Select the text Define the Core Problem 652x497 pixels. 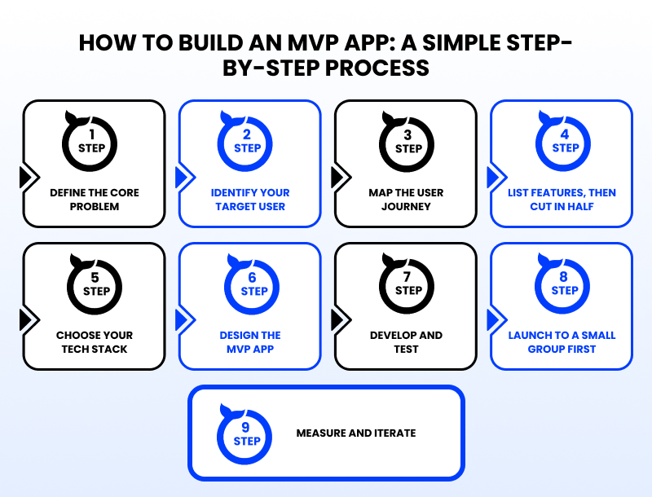pyautogui.click(x=94, y=200)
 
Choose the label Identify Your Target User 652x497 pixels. pyautogui.click(x=250, y=200)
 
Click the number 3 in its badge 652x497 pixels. pyautogui.click(x=408, y=135)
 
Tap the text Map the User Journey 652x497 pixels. pyautogui.click(x=406, y=200)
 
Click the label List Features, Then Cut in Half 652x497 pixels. pyautogui.click(x=562, y=200)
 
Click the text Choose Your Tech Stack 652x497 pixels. pyautogui.click(x=94, y=342)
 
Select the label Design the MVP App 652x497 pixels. pyautogui.click(x=250, y=342)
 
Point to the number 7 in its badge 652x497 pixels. pyautogui.click(x=408, y=278)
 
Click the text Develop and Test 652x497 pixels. pyautogui.click(x=406, y=342)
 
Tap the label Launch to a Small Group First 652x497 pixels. pyautogui.click(x=562, y=342)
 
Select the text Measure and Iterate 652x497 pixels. pyautogui.click(x=355, y=433)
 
